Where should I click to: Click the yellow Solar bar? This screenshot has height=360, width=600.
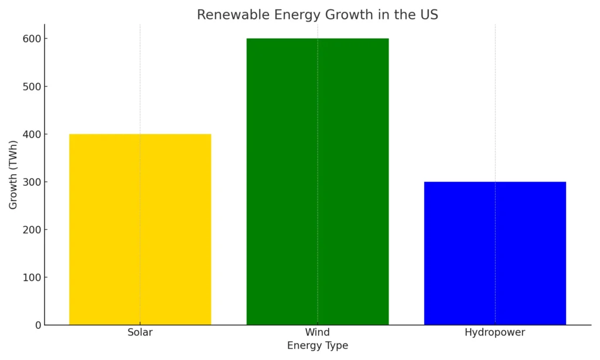(x=140, y=229)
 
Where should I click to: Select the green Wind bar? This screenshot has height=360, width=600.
(x=318, y=181)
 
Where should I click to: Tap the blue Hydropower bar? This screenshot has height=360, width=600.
(x=495, y=253)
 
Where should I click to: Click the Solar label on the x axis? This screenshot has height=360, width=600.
(x=140, y=332)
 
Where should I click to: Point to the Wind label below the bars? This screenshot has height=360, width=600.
(x=318, y=332)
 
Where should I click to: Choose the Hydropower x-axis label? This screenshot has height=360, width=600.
(x=495, y=332)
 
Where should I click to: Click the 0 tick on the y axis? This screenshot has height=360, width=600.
(x=37, y=325)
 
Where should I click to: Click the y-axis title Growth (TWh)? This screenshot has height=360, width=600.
(x=13, y=175)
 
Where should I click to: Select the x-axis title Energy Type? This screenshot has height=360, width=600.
(x=318, y=346)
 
